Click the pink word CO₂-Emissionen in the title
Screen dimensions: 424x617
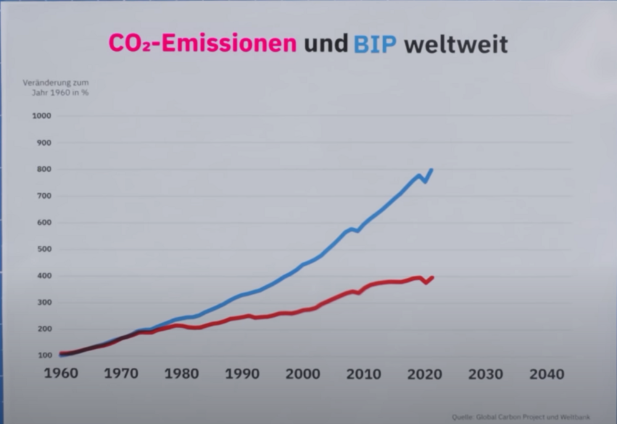coord(202,44)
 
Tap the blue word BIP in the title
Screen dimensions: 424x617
coord(375,44)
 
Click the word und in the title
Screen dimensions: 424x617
coord(325,44)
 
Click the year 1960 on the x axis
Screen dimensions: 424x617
coord(60,374)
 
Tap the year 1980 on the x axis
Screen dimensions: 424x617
coord(181,374)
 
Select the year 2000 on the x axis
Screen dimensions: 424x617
coord(302,374)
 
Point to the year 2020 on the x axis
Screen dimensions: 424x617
coord(424,374)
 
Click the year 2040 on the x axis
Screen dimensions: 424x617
coord(546,374)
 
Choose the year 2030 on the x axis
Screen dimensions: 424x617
coord(485,374)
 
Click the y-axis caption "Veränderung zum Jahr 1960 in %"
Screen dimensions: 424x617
coord(56,88)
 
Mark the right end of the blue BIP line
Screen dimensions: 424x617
coord(431,169)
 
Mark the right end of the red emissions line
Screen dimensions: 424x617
coord(433,278)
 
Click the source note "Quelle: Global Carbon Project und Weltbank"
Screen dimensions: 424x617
coord(520,417)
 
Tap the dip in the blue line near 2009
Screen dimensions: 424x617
coord(358,231)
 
